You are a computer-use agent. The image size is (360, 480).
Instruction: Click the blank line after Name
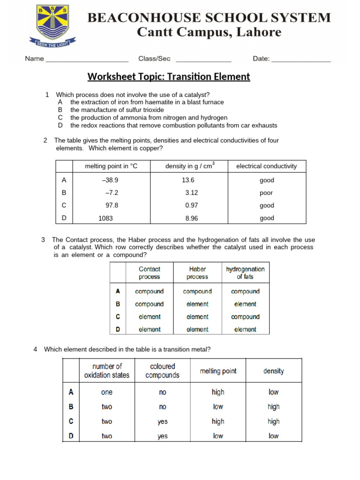87,61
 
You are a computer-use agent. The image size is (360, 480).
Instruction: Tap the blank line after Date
301,61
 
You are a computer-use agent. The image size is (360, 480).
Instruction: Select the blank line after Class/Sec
203,61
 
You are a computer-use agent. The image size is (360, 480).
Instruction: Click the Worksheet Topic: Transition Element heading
169,76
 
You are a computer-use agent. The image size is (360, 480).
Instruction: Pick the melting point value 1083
105,218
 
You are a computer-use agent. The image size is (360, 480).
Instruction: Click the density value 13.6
188,180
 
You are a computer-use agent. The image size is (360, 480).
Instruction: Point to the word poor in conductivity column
266,193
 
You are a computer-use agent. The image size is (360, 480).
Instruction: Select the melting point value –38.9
110,180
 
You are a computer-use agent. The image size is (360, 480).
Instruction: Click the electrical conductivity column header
266,166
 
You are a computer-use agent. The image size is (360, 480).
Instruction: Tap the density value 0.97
188,205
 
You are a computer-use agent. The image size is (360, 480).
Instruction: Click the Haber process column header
197,273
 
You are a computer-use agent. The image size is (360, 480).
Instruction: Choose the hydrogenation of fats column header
245,273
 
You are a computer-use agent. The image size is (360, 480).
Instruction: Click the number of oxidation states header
107,371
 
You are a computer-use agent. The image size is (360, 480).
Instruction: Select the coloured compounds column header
162,371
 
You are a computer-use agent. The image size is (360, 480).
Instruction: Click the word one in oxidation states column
107,392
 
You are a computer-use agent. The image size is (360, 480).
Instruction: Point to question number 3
43,240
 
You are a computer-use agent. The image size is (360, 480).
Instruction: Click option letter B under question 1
60,110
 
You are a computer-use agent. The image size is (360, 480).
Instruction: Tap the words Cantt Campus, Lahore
209,32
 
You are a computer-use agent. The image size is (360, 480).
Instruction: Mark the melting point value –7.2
112,193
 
